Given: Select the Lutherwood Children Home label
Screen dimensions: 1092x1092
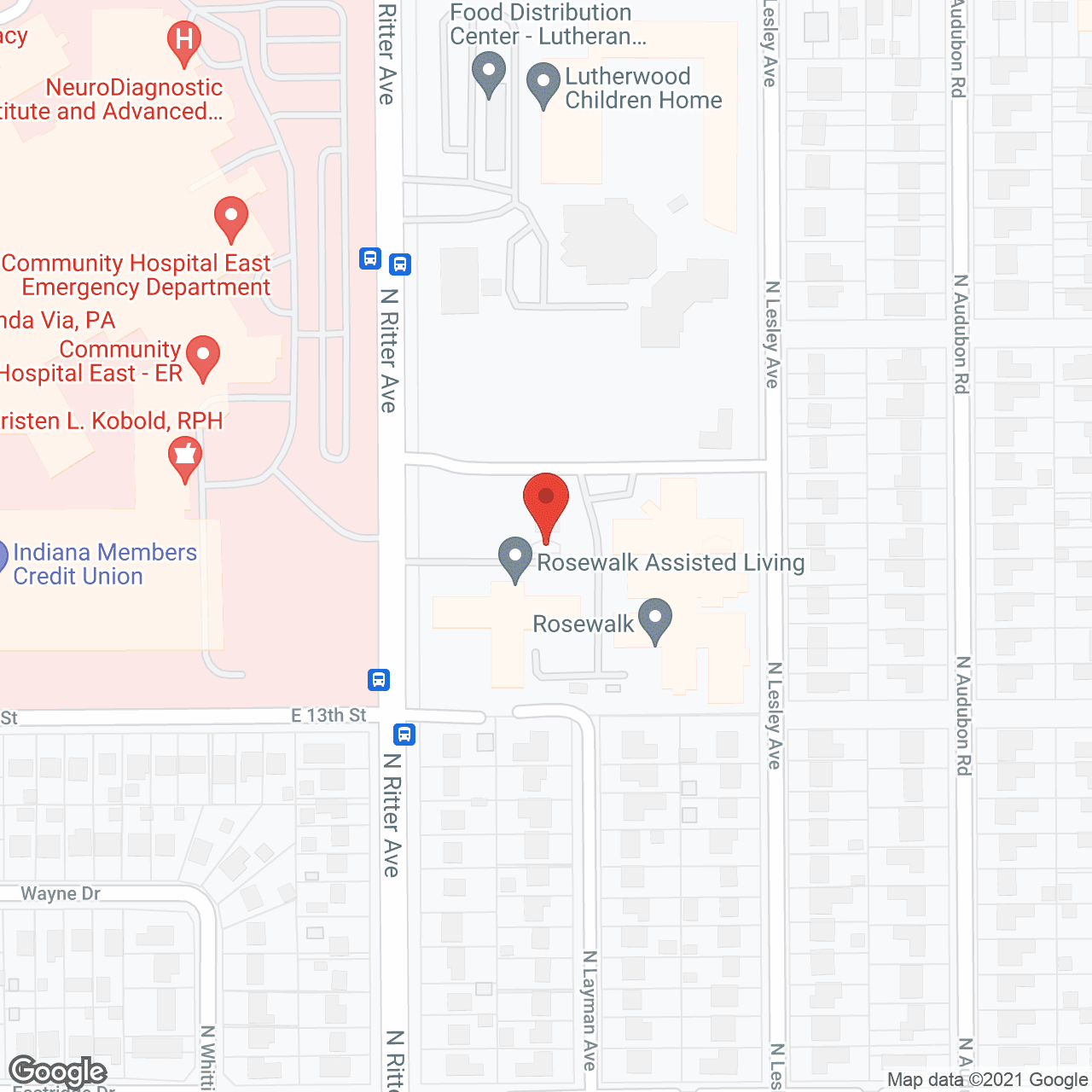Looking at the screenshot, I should coord(642,89).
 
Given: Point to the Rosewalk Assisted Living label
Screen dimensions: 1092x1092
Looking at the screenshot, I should coord(670,562).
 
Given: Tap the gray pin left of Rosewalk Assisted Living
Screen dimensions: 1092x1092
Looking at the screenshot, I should coord(514,558).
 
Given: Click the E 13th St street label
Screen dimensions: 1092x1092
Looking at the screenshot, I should coord(328,716).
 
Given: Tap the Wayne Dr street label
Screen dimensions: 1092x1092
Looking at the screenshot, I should coord(61,893).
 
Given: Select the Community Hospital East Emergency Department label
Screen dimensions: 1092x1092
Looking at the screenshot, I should coord(136,275).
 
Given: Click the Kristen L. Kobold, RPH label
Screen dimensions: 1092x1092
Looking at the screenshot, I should coord(111,421).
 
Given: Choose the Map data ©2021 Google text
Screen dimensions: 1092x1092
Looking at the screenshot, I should coord(987,1080).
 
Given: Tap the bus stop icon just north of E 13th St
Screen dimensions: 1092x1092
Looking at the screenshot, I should coord(379,680).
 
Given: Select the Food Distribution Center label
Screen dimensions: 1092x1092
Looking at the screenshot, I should coord(546,24).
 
